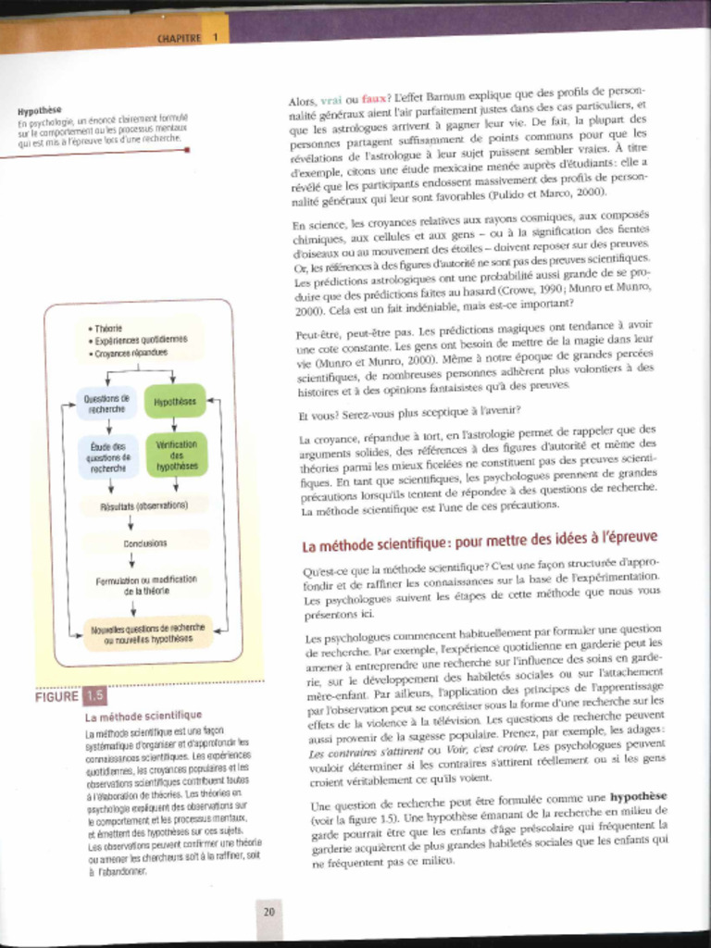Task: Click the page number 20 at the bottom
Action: point(268,912)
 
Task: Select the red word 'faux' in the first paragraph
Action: point(374,98)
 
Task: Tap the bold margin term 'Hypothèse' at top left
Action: point(39,109)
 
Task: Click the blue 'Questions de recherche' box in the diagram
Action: point(107,403)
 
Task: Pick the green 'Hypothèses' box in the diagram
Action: point(175,402)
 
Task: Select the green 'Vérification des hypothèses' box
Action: point(176,455)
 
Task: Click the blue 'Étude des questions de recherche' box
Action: point(108,456)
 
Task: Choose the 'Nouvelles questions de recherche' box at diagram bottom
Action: point(148,633)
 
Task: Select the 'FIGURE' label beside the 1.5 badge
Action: point(56,696)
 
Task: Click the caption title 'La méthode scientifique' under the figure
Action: point(143,716)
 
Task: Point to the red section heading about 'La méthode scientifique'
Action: point(480,539)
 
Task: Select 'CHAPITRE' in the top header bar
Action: point(179,38)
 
